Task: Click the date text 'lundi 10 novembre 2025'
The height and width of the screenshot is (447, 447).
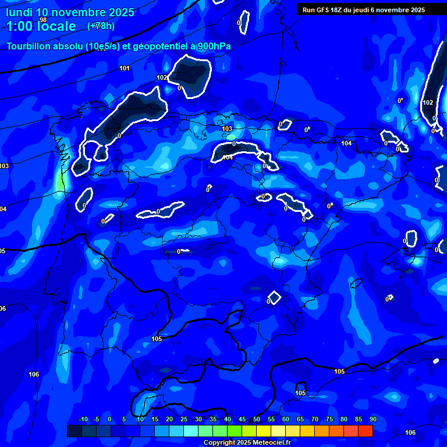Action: (x=70, y=12)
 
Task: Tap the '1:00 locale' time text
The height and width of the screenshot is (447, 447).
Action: (x=41, y=26)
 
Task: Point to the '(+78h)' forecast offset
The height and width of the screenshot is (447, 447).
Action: (x=101, y=26)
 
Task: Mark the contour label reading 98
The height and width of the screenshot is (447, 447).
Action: (x=43, y=20)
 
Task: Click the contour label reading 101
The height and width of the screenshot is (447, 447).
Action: (x=125, y=69)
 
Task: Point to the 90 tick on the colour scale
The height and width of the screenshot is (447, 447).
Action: (x=372, y=420)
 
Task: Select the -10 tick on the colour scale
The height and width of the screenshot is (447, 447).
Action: (x=83, y=420)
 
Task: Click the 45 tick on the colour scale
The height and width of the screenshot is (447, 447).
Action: (x=242, y=420)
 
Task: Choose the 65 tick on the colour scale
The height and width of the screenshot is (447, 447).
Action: (x=300, y=420)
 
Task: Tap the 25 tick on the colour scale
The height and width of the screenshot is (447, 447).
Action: (x=183, y=420)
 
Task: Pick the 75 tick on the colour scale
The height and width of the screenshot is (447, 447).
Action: (x=329, y=420)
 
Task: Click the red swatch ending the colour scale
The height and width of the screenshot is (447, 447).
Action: (x=366, y=431)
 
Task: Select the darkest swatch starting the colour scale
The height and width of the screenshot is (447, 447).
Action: (x=74, y=431)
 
